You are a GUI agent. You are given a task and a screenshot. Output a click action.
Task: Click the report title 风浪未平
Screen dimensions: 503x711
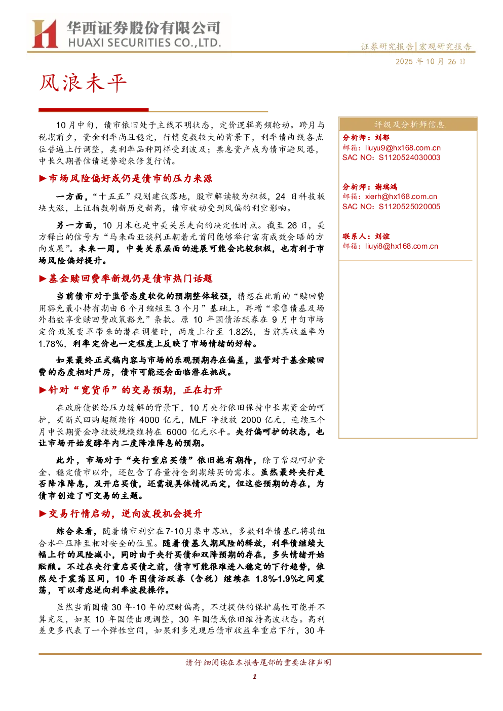click(x=83, y=83)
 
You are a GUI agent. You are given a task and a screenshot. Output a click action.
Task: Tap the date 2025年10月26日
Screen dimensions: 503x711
click(x=430, y=62)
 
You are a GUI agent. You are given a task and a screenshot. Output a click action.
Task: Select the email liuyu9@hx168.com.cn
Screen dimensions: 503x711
click(x=403, y=148)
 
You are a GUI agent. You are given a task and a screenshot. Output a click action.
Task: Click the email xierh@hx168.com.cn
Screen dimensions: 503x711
click(x=401, y=197)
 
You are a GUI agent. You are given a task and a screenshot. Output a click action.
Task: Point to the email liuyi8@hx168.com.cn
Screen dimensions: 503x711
click(x=401, y=246)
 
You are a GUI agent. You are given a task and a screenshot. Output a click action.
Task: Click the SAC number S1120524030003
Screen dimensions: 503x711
click(x=409, y=158)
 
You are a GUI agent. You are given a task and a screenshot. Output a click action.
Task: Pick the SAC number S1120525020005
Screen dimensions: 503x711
click(x=409, y=207)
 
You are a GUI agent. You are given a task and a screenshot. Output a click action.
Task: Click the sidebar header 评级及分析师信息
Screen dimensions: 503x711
click(x=409, y=125)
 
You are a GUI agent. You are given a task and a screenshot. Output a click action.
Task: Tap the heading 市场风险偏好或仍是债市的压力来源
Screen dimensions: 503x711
click(x=130, y=179)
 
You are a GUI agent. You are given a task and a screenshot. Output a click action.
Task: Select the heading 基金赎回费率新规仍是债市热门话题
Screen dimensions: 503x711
click(x=130, y=279)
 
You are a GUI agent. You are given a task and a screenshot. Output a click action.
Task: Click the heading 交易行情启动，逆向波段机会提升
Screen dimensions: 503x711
click(x=125, y=513)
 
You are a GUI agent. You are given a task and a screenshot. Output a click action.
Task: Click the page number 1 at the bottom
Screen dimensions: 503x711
click(x=254, y=677)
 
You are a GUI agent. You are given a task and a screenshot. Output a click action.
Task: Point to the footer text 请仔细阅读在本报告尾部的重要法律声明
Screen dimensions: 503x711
click(x=258, y=662)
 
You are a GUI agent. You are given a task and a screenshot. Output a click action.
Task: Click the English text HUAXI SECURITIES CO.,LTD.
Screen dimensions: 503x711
click(x=144, y=43)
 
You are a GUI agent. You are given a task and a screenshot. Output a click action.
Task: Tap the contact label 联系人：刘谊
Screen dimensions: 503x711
click(x=366, y=236)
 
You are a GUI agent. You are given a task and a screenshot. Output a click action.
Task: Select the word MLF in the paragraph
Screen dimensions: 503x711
click(x=198, y=420)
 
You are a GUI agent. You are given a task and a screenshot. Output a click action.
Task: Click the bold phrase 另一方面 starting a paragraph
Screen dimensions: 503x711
click(x=74, y=225)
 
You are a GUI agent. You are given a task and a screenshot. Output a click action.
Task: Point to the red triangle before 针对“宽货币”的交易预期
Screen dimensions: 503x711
click(x=43, y=390)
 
